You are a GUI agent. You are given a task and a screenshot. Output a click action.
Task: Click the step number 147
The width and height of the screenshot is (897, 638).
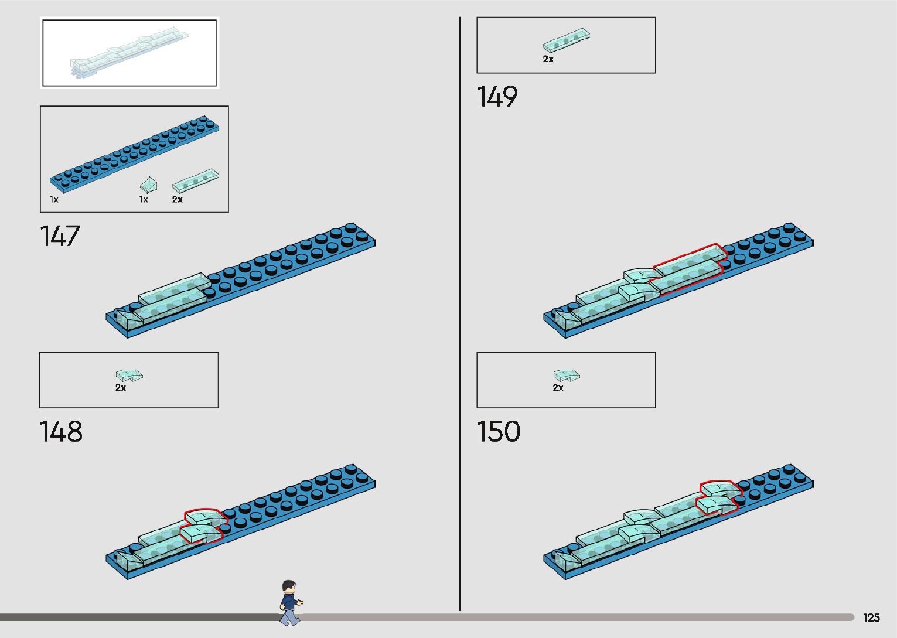59,236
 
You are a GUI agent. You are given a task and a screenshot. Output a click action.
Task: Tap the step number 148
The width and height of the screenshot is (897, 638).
60,432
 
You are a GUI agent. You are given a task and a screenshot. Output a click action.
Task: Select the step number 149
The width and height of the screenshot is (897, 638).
497,97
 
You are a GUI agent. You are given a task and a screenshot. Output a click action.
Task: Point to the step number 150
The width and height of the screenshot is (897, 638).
498,432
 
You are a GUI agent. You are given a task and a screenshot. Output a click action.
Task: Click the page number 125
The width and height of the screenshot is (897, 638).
871,617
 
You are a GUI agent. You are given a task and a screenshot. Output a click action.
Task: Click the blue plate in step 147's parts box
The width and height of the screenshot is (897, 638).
134,151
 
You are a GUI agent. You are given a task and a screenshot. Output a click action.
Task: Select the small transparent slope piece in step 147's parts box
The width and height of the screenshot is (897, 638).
148,185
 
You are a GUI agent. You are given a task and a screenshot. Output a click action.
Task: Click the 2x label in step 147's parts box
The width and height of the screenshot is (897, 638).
178,200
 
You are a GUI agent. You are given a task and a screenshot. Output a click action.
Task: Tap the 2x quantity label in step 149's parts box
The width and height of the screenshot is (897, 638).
548,59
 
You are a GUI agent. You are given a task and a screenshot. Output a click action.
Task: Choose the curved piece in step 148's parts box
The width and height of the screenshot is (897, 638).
129,375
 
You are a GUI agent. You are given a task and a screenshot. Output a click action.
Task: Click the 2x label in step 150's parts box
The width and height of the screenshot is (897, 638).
558,388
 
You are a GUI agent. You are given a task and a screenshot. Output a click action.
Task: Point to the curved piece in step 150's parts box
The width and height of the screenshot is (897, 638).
567,375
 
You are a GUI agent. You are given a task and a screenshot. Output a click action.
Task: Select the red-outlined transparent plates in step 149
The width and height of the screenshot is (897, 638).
689,268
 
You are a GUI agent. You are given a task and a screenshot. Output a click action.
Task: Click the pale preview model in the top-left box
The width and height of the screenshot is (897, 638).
129,53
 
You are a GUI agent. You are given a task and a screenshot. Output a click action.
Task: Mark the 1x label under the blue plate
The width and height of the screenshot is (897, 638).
54,200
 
